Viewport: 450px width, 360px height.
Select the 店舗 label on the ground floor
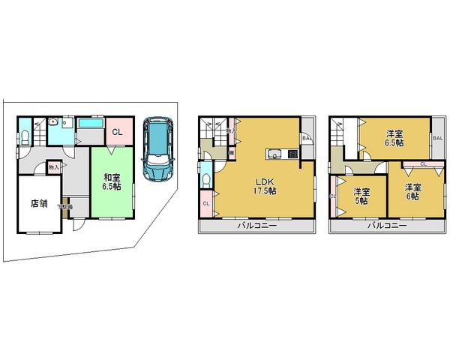pos(40,202)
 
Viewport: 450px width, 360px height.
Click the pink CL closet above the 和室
pos(117,133)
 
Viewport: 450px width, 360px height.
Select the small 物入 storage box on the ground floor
pos(53,168)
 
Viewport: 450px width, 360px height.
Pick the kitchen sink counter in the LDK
pos(274,155)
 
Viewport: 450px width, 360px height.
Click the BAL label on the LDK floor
pos(307,138)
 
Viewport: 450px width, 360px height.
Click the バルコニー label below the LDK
pos(258,225)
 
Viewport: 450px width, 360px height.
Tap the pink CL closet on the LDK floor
pos(205,202)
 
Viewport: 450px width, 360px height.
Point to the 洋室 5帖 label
pos(361,195)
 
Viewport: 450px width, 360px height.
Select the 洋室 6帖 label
pos(412,191)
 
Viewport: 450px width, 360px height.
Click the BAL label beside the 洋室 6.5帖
pos(436,138)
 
